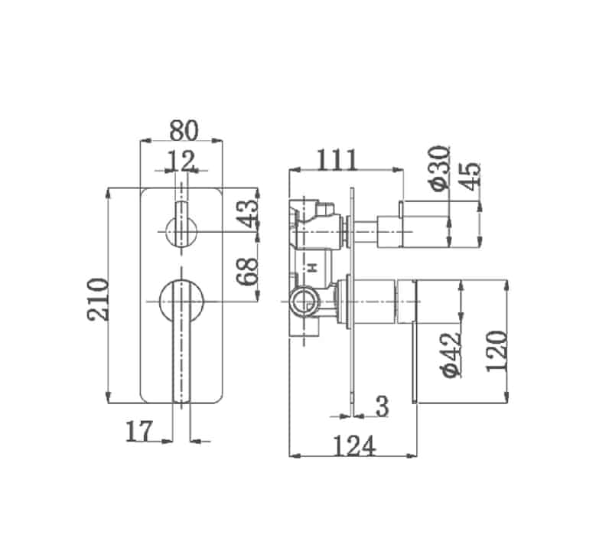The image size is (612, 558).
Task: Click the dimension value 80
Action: point(183,130)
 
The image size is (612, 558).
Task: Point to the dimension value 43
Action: point(247,214)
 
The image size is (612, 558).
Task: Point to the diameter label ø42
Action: point(451,353)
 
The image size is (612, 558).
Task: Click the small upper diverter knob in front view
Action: point(182,230)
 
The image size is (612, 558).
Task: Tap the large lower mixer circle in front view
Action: point(182,301)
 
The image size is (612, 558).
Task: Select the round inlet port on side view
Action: point(303,299)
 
